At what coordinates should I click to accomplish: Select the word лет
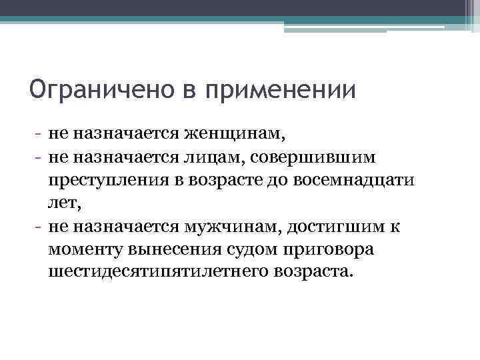coord(63,202)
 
